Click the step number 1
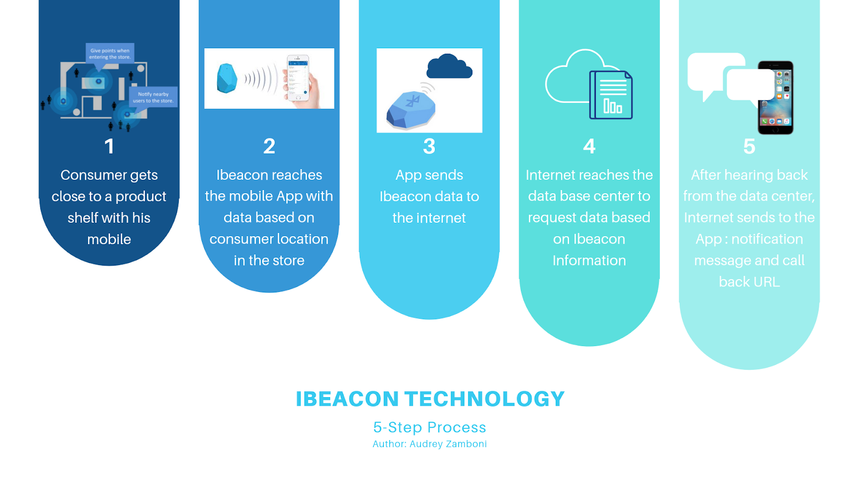point(110,147)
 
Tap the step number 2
point(269,147)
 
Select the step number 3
point(429,147)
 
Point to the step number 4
point(589,147)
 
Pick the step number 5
point(749,147)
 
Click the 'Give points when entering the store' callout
point(110,54)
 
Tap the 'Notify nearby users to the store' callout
point(153,98)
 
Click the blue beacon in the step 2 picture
point(227,78)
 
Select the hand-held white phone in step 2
point(298,78)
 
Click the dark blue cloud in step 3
point(449,67)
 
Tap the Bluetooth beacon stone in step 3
point(411,109)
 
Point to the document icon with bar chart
point(611,95)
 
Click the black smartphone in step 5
point(776,98)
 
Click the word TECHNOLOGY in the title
point(485,399)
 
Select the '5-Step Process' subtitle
point(429,427)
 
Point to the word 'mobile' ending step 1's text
point(110,239)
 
